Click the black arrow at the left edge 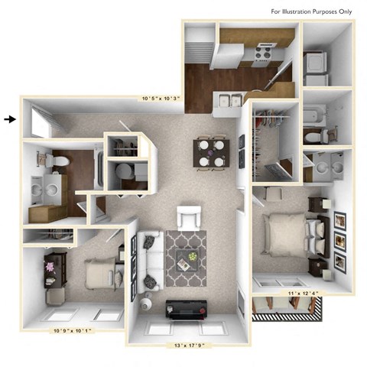[x=10, y=119]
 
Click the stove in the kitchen [x=263, y=54]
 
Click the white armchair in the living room [x=189, y=219]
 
